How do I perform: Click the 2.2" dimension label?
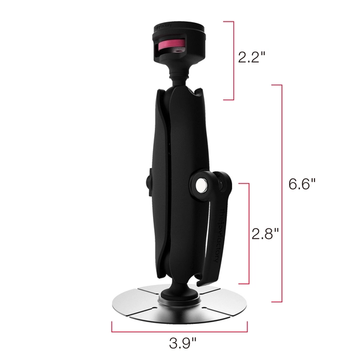(x=251, y=57)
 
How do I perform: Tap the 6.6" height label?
(x=302, y=184)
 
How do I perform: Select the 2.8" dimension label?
(x=265, y=234)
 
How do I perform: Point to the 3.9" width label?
(x=183, y=343)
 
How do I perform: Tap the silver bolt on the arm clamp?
(x=202, y=185)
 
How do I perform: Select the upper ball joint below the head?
(x=179, y=80)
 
